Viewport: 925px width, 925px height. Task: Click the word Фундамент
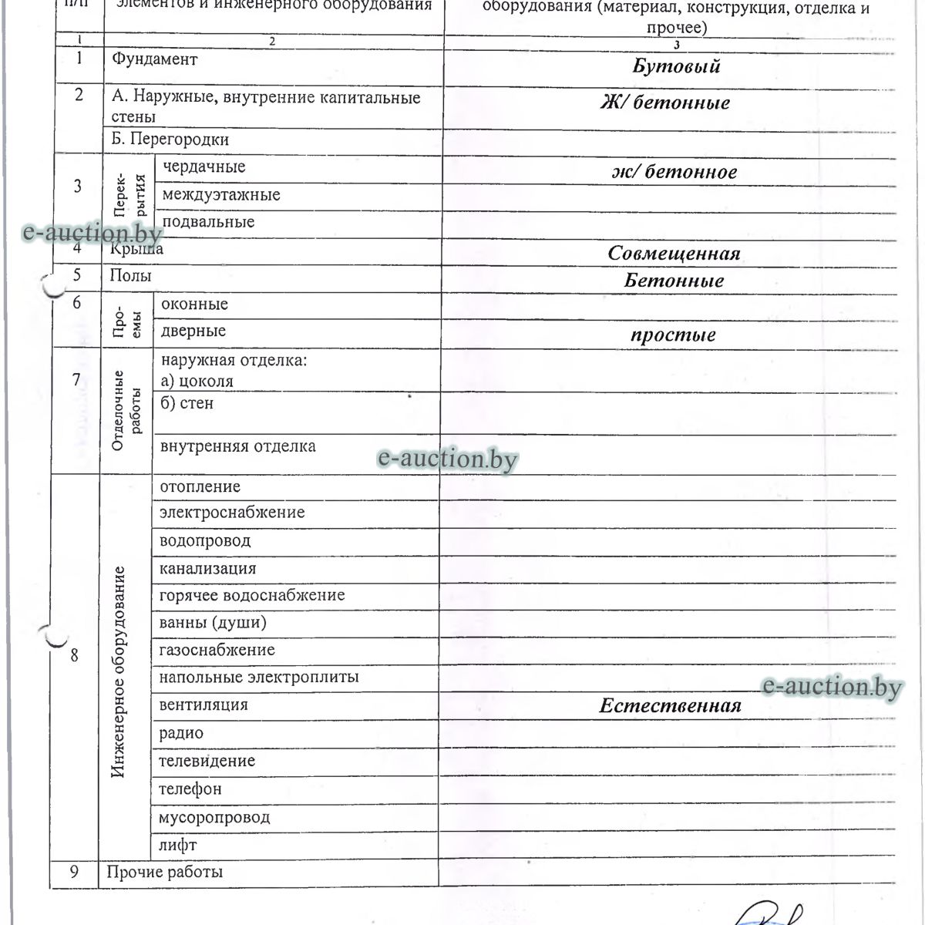[x=154, y=59]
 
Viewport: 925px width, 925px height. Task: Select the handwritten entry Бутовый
[x=676, y=66]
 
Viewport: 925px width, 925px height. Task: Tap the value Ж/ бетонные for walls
[x=664, y=103]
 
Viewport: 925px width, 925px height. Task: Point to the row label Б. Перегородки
[x=170, y=140]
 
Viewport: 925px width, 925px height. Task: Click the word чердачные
[x=203, y=166]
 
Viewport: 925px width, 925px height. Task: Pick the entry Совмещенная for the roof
[x=674, y=254]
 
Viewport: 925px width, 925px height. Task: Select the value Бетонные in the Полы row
[x=674, y=281]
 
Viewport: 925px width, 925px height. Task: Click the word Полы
[x=130, y=275]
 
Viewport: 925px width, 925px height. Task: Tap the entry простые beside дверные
[x=673, y=335]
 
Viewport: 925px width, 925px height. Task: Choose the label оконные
[x=194, y=304]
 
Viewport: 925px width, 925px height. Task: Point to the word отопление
[x=200, y=486]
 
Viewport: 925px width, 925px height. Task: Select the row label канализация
[x=207, y=569]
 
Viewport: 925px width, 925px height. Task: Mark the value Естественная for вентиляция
[x=670, y=706]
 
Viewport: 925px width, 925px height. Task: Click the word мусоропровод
[x=214, y=817]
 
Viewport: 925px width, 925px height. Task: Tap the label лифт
[x=177, y=845]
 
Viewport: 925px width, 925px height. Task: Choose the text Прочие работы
[x=165, y=872]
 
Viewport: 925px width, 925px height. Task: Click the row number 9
[x=74, y=872]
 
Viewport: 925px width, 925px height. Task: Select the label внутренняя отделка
[x=237, y=446]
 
